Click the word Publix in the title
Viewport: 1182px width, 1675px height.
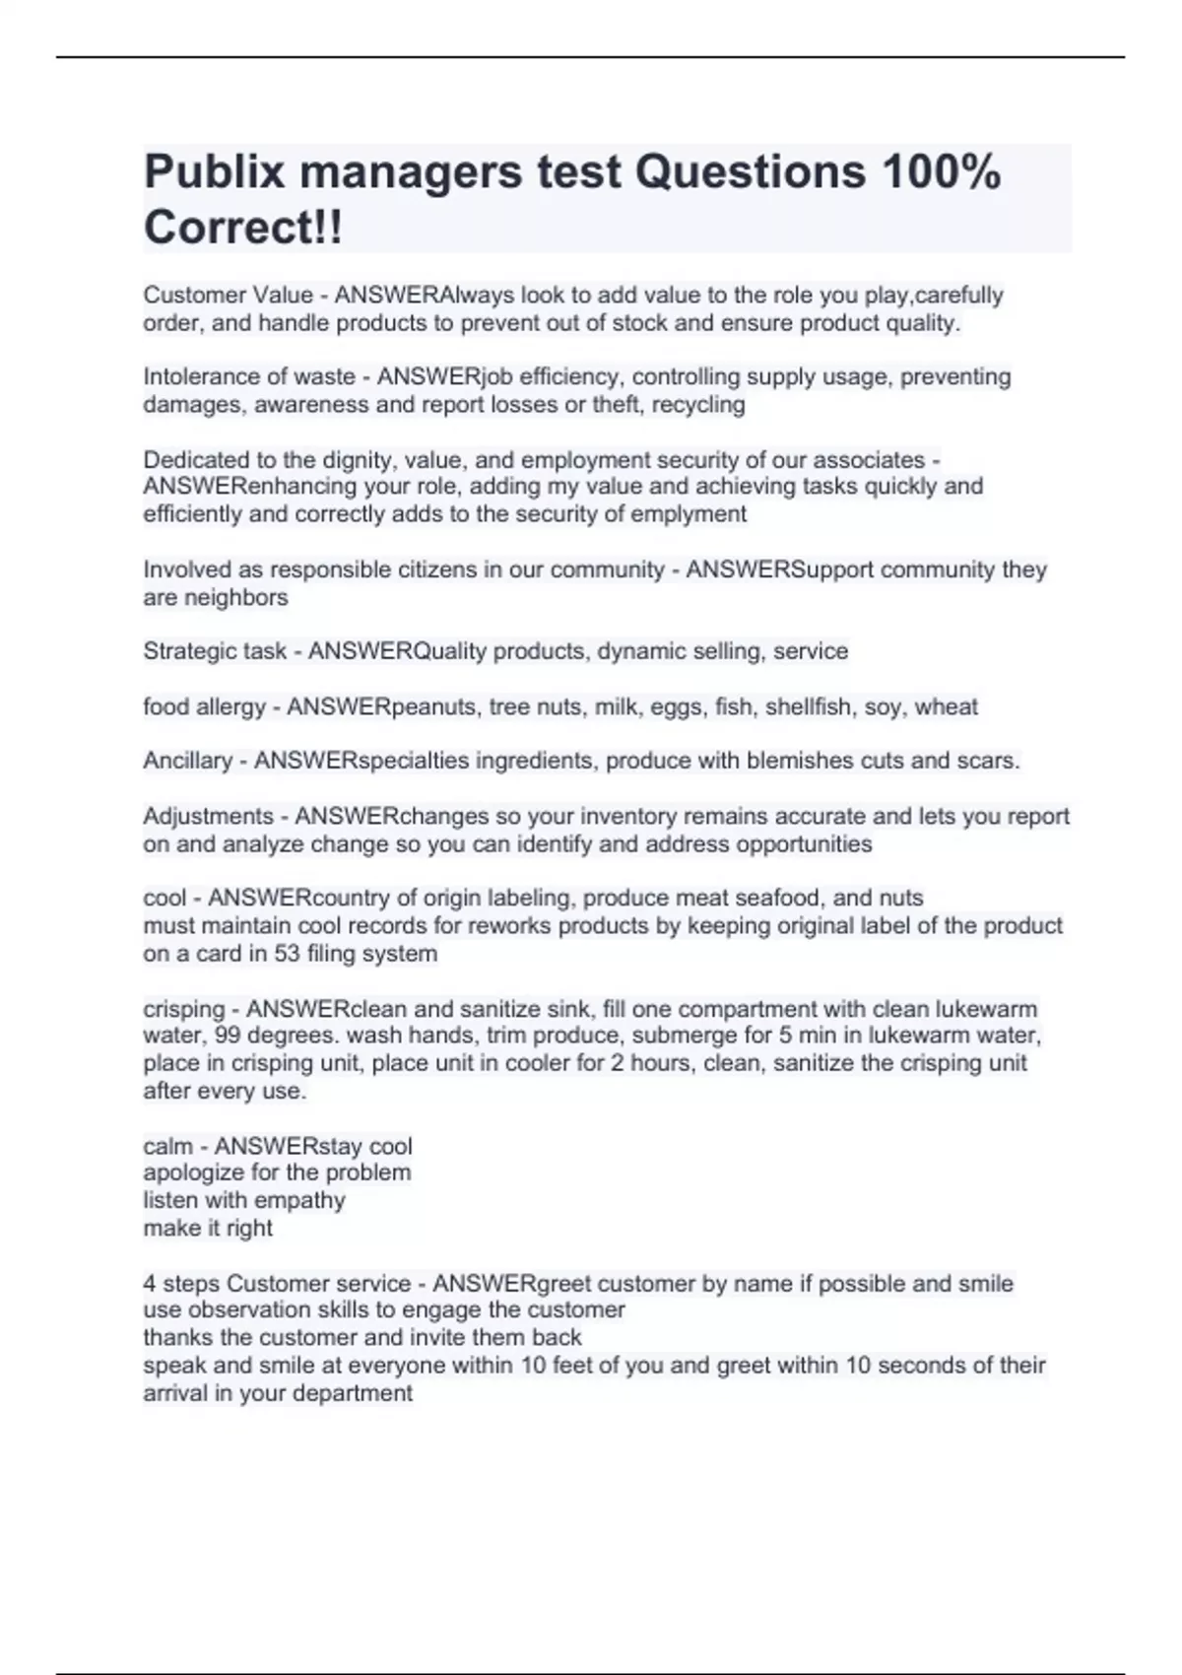[x=213, y=173]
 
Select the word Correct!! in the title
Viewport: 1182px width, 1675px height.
[x=243, y=228]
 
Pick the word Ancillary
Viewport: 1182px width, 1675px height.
[x=187, y=761]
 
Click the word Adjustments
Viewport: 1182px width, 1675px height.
[x=208, y=816]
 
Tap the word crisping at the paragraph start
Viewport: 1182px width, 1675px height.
[x=184, y=1009]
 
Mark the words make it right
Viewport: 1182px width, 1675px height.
[x=208, y=1228]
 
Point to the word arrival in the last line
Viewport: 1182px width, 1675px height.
[x=175, y=1393]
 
